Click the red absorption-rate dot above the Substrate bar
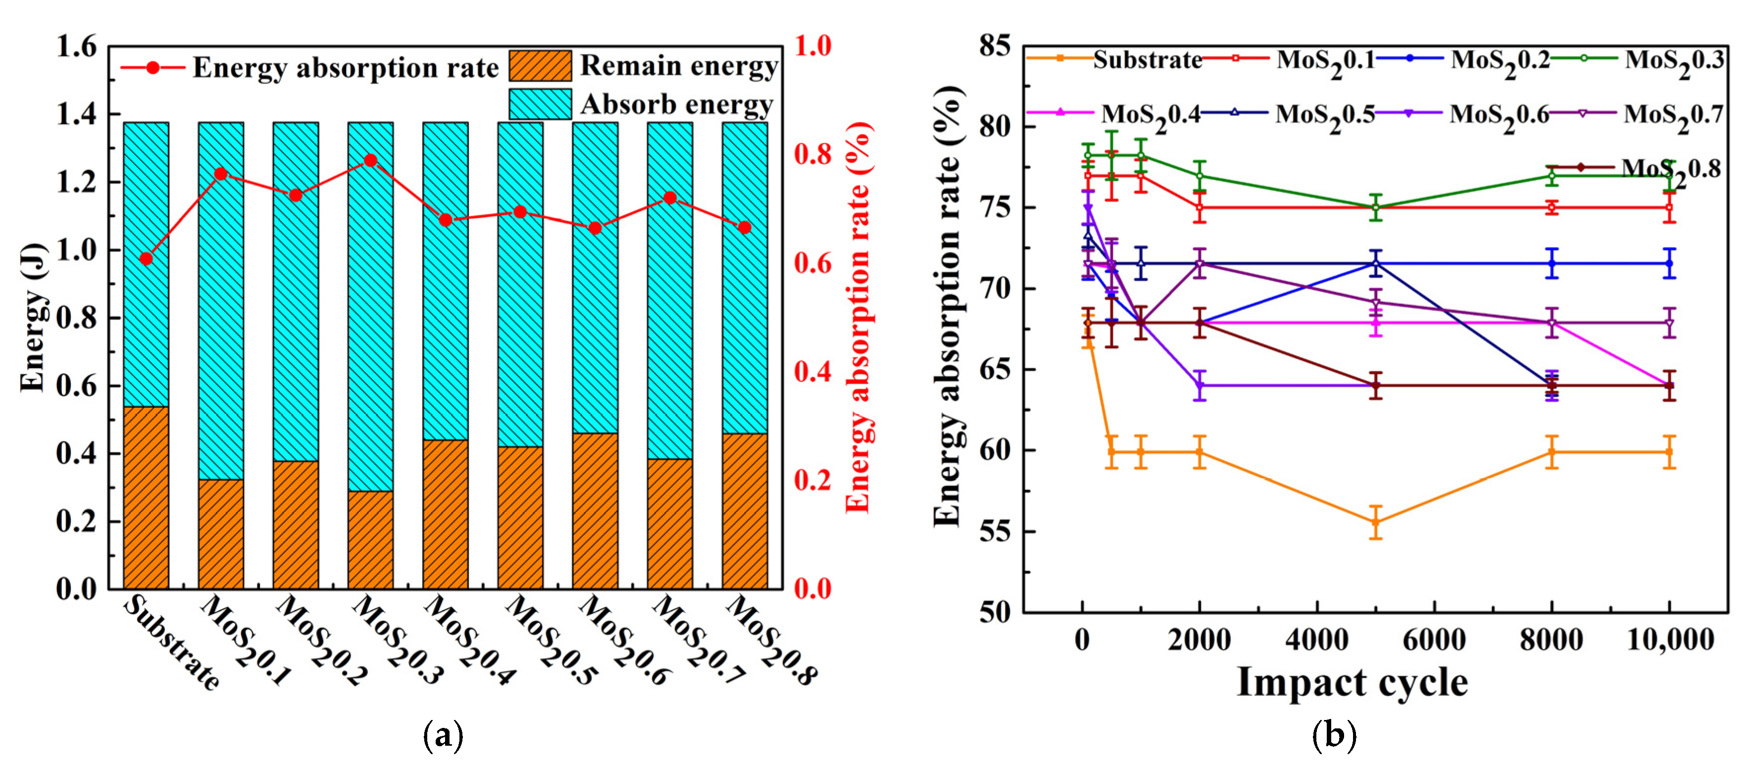(x=145, y=259)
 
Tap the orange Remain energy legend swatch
(x=540, y=66)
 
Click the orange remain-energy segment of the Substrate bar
(x=146, y=497)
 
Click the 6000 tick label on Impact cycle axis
(x=1434, y=640)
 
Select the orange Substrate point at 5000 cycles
(x=1375, y=522)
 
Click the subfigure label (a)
(x=443, y=735)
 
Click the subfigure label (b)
(x=1334, y=735)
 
